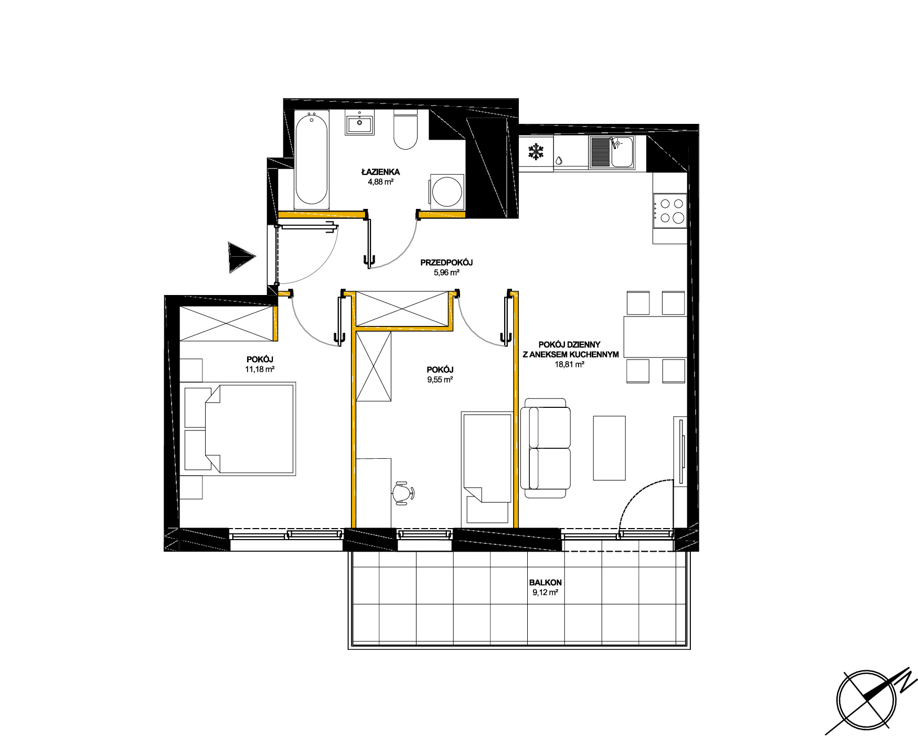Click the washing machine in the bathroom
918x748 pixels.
click(446, 192)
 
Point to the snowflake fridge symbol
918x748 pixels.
click(536, 152)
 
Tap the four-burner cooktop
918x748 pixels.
click(669, 210)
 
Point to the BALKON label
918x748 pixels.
click(546, 582)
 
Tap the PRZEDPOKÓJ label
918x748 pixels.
click(447, 262)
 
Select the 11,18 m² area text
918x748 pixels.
click(260, 369)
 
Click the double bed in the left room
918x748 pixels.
click(240, 429)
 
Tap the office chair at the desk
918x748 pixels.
click(403, 493)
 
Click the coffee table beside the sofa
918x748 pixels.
click(609, 448)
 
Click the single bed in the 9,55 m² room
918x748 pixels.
click(486, 468)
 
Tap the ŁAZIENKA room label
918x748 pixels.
click(380, 172)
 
